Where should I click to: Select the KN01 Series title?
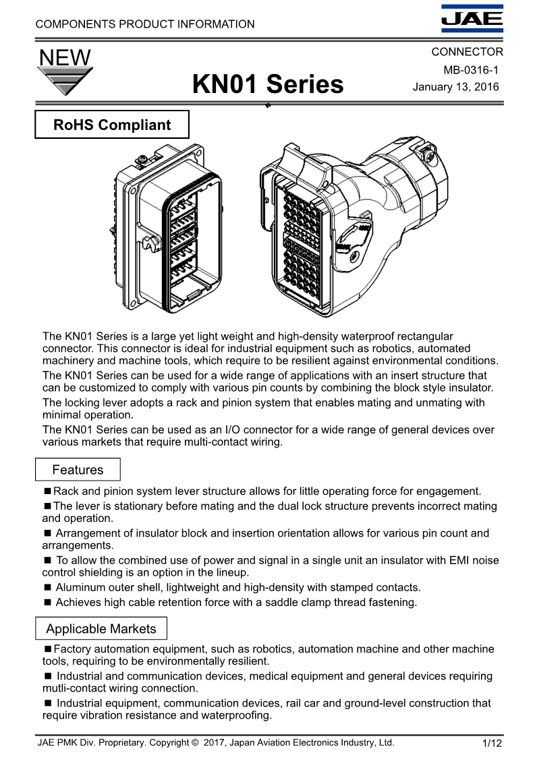(x=268, y=85)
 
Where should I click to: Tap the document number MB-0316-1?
(x=470, y=70)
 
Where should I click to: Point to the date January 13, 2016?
(x=455, y=87)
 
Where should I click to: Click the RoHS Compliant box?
(x=112, y=125)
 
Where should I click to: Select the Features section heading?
(x=78, y=470)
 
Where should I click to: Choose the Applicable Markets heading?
(x=101, y=629)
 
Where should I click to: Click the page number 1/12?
(x=492, y=744)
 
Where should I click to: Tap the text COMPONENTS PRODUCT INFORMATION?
(x=145, y=24)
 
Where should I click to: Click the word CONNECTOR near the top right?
(x=467, y=52)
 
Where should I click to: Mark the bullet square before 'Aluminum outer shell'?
(x=47, y=588)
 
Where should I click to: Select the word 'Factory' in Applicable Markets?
(x=73, y=649)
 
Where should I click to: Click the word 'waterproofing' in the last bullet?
(x=235, y=715)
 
